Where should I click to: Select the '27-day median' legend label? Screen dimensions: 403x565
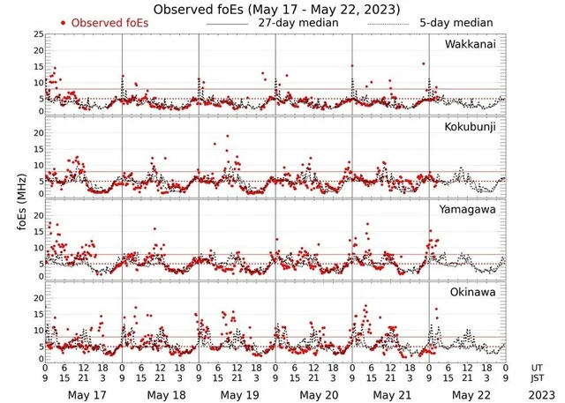coord(296,22)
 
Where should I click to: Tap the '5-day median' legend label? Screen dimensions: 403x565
coord(456,22)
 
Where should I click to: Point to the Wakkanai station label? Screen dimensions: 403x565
coord(471,44)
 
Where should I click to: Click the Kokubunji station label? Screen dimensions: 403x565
coord(471,127)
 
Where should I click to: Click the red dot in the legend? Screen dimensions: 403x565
coord(64,22)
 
